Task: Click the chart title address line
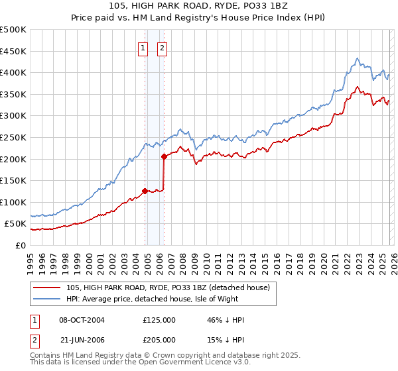199,6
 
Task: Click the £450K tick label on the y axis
13,52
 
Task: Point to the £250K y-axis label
13,138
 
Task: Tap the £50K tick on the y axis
16,224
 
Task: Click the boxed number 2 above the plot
162,48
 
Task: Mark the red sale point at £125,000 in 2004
145,191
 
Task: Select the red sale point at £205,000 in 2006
164,157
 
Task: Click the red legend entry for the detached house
167,288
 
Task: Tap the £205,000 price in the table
159,340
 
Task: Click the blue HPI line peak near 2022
357,58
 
